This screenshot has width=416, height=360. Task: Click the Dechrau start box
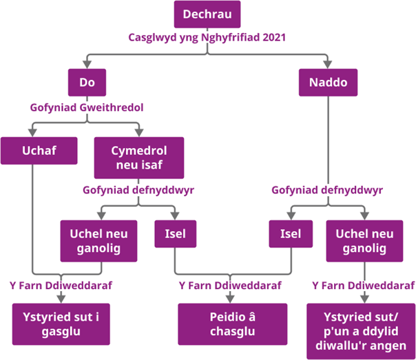207,14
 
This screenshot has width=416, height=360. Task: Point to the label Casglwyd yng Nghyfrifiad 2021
207,37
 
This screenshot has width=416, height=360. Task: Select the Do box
87,83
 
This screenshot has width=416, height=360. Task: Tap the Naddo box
328,83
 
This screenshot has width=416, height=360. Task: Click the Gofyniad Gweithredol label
87,107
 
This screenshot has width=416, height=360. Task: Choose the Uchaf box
39,151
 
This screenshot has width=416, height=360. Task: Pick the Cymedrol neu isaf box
139,158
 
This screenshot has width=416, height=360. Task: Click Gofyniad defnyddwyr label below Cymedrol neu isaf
138,190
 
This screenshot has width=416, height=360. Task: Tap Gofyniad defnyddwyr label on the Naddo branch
327,190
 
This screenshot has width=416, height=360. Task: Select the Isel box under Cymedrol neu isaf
176,234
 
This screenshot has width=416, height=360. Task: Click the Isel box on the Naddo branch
291,234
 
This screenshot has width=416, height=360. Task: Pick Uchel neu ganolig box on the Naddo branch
364,241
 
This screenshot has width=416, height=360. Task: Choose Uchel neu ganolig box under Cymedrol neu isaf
98,241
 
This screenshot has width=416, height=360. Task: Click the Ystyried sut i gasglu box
61,324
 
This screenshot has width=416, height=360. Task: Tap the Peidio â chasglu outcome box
232,324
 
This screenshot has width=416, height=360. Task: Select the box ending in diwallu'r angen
361,331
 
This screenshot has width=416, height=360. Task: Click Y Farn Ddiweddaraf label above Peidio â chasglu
230,286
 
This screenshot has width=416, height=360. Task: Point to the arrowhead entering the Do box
87,65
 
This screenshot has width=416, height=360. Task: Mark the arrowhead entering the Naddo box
328,65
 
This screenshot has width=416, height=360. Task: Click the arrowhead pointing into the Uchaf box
32,133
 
